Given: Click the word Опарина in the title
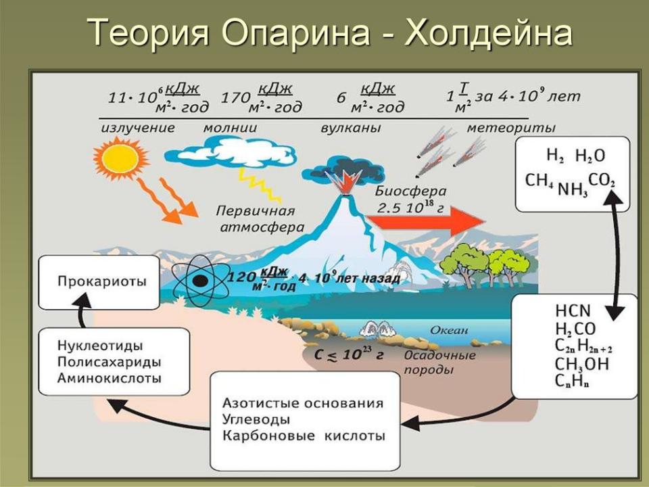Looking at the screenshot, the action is tap(296, 32).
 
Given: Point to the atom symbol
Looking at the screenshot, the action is tap(201, 281).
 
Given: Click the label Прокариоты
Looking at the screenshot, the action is tap(102, 281).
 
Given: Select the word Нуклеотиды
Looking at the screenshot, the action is tap(100, 346).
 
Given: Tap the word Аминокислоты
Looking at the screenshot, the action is tap(110, 378).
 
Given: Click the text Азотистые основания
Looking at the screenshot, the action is tap(303, 403).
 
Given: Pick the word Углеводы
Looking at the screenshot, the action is tap(256, 419).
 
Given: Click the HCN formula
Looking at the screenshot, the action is tap(573, 310).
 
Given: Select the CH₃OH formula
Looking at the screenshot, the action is tap(582, 365).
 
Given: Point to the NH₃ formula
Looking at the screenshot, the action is tap(573, 189).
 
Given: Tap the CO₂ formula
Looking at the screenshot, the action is tap(602, 180).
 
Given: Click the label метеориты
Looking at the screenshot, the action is tap(511, 128).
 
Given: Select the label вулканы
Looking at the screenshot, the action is tap(351, 128).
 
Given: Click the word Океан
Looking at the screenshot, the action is tap(449, 330).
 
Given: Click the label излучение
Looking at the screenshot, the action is tap(138, 128).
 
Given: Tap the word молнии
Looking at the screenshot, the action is tap(230, 128).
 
